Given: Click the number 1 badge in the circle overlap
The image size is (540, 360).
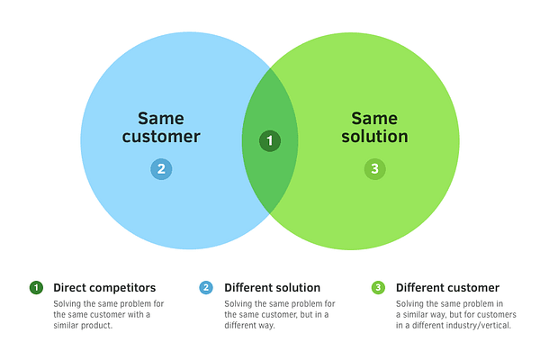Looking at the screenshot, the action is (269, 141).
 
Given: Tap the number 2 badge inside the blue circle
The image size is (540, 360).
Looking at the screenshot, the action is (161, 168).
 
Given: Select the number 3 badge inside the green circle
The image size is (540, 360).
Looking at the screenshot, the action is (374, 168).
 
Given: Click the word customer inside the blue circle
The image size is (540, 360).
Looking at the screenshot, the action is (161, 137).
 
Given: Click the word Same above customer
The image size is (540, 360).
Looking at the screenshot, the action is (161, 118).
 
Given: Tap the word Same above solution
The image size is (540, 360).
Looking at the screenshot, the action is (374, 118).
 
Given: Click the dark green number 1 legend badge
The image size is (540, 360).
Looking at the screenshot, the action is (36, 288).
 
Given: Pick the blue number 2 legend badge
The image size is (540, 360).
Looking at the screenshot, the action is (206, 288).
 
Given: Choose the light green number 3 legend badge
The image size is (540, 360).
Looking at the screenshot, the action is (378, 288).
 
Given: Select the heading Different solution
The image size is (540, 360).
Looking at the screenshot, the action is (272, 288).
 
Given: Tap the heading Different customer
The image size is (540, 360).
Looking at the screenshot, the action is (447, 288).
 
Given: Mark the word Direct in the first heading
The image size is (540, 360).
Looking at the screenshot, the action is (69, 288).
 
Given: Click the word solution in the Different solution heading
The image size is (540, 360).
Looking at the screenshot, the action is (298, 288).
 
